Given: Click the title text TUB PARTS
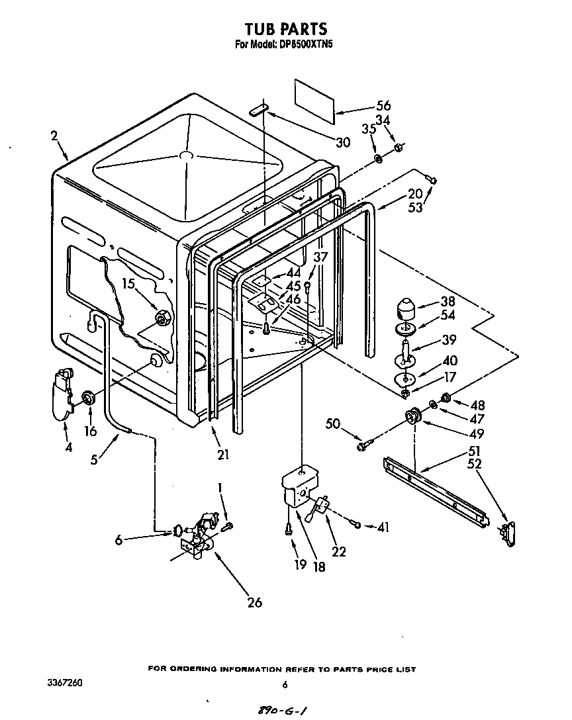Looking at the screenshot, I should (x=285, y=29).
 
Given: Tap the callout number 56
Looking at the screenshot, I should (x=383, y=105).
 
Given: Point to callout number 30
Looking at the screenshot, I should (x=342, y=142).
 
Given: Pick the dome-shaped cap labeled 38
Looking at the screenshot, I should (x=405, y=309).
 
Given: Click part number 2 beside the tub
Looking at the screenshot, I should (x=54, y=136).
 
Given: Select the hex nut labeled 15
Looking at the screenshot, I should (x=161, y=319).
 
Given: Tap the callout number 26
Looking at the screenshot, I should (x=254, y=602).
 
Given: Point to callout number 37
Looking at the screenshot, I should (x=320, y=257).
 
